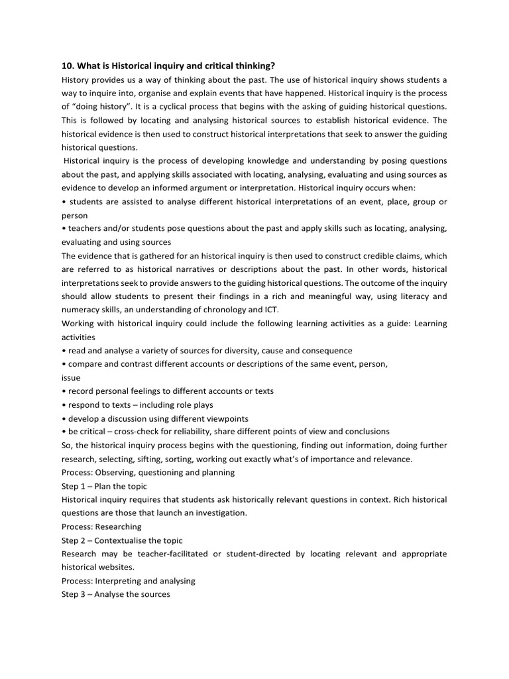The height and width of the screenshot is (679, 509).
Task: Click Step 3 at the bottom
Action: click(75, 594)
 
